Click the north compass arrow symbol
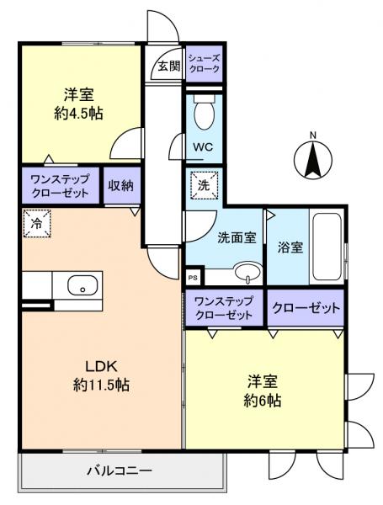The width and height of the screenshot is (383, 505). pyautogui.click(x=313, y=157)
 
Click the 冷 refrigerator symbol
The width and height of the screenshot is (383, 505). pyautogui.click(x=36, y=225)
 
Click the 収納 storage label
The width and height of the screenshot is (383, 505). pyautogui.click(x=121, y=185)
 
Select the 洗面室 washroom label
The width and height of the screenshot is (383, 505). pyautogui.click(x=236, y=238)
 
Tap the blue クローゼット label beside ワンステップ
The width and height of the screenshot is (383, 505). pyautogui.click(x=306, y=308)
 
